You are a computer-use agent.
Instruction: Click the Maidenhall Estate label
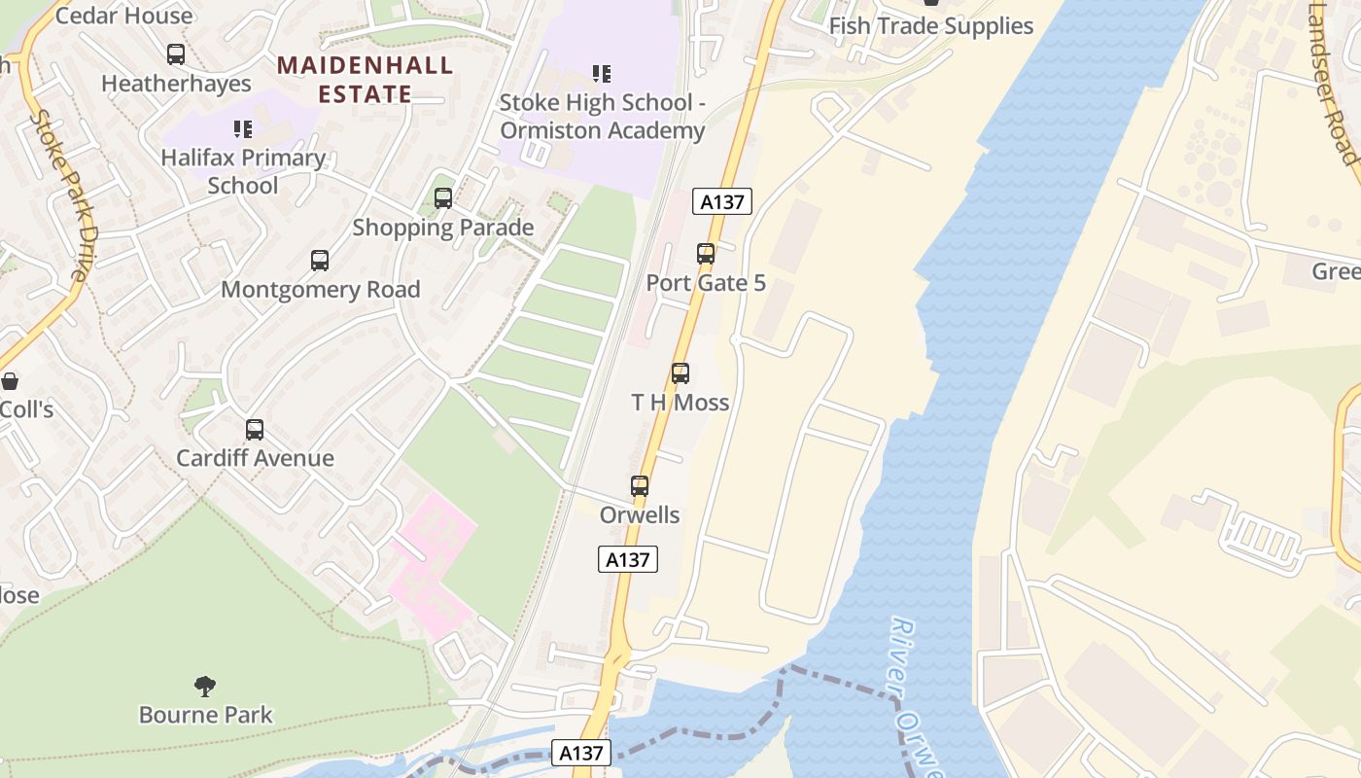click(x=365, y=80)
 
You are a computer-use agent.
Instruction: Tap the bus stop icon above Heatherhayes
click(x=176, y=54)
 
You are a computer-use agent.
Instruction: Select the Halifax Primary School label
click(x=243, y=171)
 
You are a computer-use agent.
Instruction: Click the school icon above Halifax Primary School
click(x=242, y=128)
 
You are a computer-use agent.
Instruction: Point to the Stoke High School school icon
click(x=602, y=73)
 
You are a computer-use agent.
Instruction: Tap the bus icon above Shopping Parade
click(x=443, y=198)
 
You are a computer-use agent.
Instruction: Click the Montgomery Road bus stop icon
click(x=320, y=261)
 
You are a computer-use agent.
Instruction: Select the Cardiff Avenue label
click(x=255, y=458)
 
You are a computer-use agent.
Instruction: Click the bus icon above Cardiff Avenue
click(x=255, y=430)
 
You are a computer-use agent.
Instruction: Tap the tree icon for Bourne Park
click(x=205, y=687)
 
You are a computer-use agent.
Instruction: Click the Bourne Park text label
click(x=206, y=715)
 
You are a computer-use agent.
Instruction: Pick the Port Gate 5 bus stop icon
click(x=706, y=254)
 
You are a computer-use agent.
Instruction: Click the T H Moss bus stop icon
click(x=680, y=373)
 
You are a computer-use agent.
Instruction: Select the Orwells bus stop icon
click(x=640, y=486)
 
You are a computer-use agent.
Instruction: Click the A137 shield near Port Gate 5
click(x=722, y=201)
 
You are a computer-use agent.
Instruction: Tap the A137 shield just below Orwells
click(x=628, y=559)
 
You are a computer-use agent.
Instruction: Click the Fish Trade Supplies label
click(x=930, y=26)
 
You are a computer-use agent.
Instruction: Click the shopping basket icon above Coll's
click(x=10, y=380)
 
